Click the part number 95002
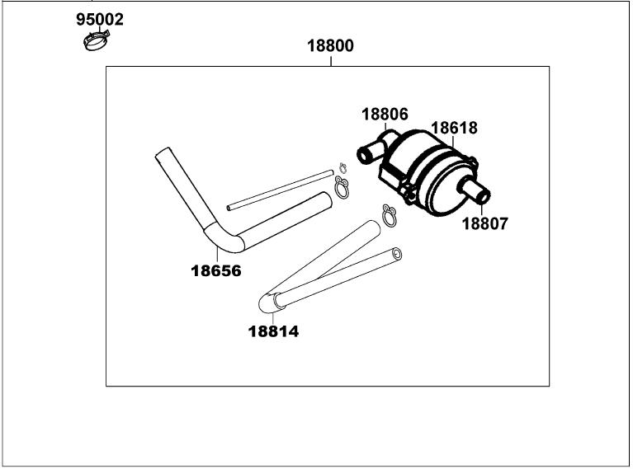click(x=100, y=19)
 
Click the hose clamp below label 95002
click(x=97, y=39)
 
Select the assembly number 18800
click(x=330, y=46)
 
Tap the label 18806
click(x=384, y=115)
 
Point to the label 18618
click(x=454, y=129)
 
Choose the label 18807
click(x=484, y=223)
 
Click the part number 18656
click(x=215, y=270)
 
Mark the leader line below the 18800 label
click(x=330, y=60)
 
